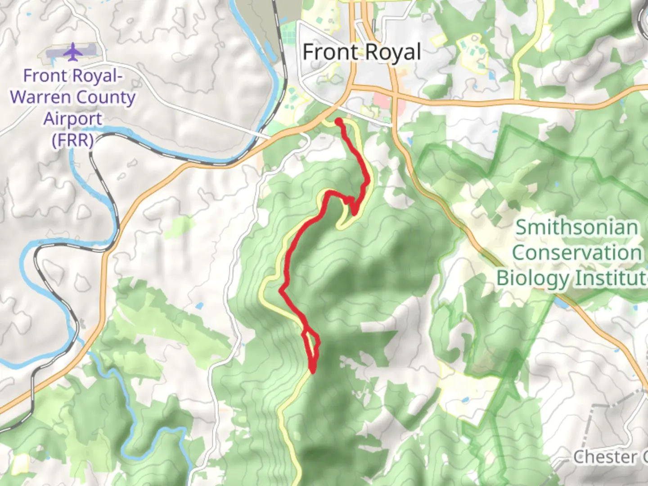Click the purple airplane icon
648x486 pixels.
pos(72,52)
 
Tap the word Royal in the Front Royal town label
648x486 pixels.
pos(391,53)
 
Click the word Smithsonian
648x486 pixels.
pos(576,227)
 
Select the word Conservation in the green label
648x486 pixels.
pos(577,252)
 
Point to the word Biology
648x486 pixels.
pos(532,278)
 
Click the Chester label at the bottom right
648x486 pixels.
pos(605,457)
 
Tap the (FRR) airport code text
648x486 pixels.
pos(72,140)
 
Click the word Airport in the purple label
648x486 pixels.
pos(72,119)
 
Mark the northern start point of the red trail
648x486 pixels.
pos(338,121)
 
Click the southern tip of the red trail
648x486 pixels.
pos(312,371)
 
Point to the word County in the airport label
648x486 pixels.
pos(106,97)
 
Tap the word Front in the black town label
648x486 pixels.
pos(330,53)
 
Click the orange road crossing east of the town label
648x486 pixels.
pos(395,96)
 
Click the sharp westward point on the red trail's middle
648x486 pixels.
pos(281,291)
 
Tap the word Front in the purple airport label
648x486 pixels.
pos(45,76)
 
